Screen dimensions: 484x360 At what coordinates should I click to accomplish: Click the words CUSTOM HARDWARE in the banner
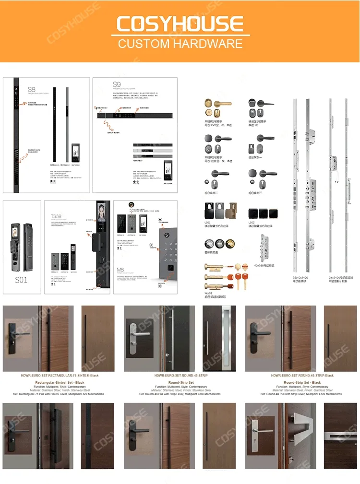180,44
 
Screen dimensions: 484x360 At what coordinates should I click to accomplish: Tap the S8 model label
32,89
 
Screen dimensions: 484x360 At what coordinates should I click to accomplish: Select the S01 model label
21,279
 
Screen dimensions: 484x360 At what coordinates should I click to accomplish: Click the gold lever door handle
218,104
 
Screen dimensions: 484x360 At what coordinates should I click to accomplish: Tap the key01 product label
208,293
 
